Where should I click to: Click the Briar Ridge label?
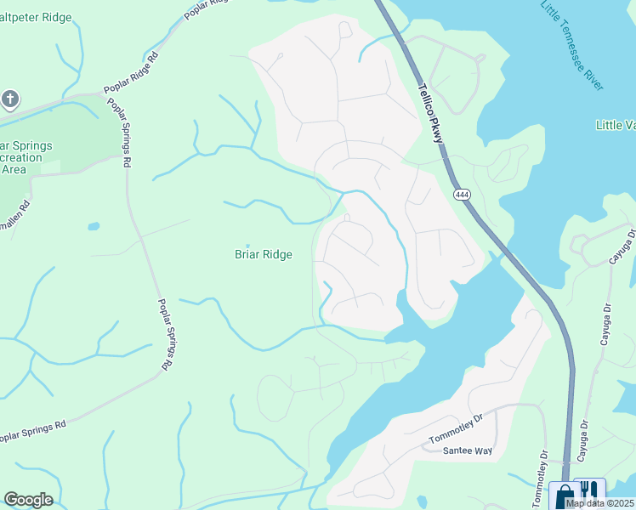(264, 254)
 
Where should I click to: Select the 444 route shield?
(462, 195)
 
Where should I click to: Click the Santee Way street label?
(468, 450)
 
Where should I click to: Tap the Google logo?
(28, 500)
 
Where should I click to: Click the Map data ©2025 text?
(600, 503)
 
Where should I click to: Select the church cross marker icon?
(10, 100)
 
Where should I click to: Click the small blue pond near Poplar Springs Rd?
(94, 227)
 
